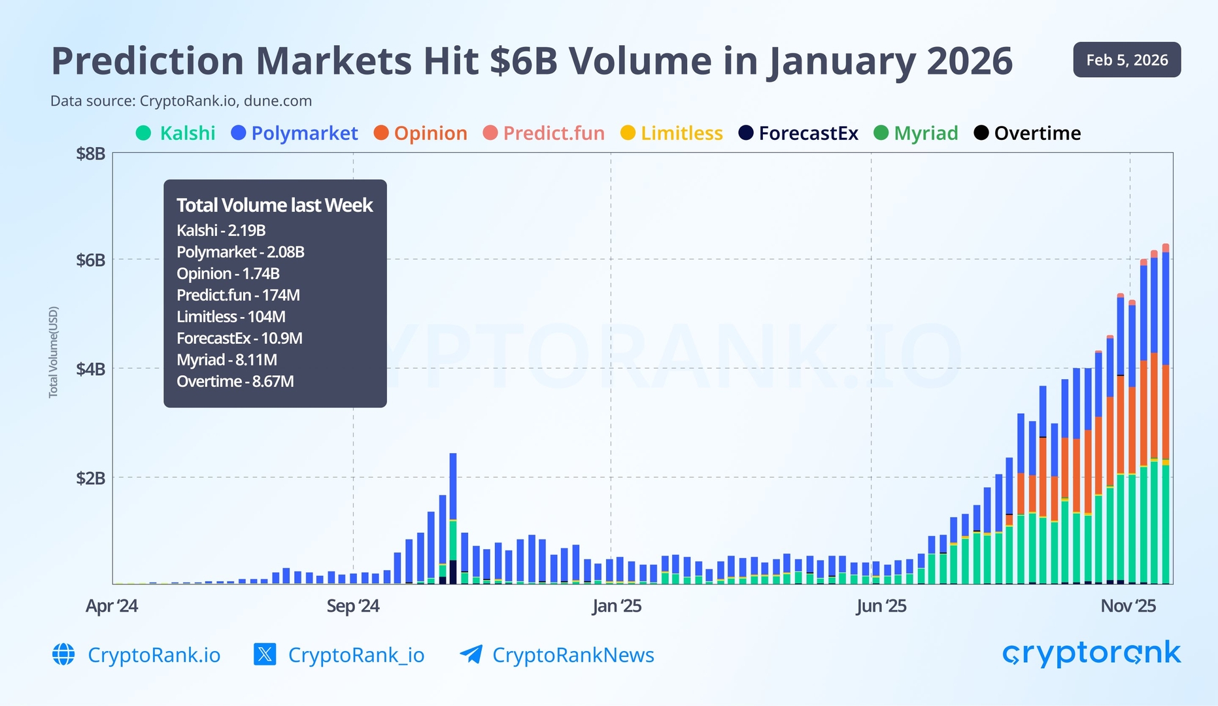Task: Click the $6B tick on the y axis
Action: pos(90,260)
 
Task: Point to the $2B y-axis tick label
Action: pos(90,478)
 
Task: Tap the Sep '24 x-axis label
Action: pos(353,606)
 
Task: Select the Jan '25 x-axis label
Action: pos(617,606)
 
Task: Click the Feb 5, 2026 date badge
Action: pos(1126,60)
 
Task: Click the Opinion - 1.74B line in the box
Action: pos(228,273)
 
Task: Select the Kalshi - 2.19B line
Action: pos(221,230)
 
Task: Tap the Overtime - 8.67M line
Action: pos(235,381)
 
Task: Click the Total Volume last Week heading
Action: pos(275,205)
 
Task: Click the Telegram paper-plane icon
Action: pos(471,654)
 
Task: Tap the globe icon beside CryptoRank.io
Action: pos(63,654)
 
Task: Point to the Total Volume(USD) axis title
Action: pos(54,352)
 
